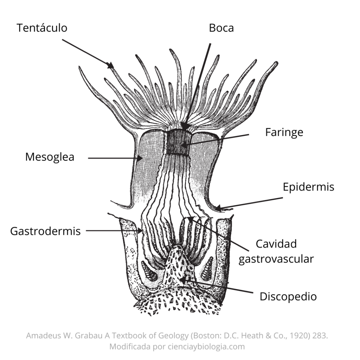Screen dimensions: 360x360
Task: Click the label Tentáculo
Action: (42, 28)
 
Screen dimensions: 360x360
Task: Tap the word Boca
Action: (221, 28)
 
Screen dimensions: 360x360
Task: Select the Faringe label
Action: (284, 133)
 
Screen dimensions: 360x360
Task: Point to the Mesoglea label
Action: (50, 157)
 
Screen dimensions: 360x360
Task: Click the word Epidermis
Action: (308, 187)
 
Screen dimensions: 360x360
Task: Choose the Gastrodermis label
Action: (45, 231)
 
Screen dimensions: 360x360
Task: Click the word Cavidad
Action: (276, 244)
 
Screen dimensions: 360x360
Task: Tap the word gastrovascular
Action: (276, 259)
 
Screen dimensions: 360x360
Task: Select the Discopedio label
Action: (288, 297)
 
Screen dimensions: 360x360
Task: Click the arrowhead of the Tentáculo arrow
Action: (111, 65)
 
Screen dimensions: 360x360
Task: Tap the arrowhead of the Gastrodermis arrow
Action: (139, 231)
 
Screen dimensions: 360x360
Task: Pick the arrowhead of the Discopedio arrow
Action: (183, 279)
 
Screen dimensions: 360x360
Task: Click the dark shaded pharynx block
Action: (179, 141)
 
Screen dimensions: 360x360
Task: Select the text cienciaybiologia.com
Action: (206, 346)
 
